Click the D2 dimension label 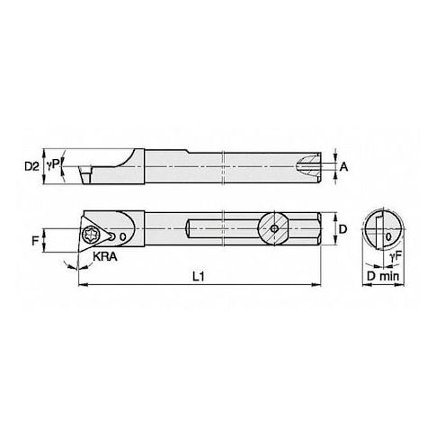click(31, 166)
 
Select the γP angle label click(53, 165)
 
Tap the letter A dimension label click(343, 166)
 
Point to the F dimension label click(35, 240)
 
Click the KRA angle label click(105, 256)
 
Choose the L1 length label click(198, 277)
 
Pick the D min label click(383, 276)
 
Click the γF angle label click(396, 257)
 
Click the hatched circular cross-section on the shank click(274, 228)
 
